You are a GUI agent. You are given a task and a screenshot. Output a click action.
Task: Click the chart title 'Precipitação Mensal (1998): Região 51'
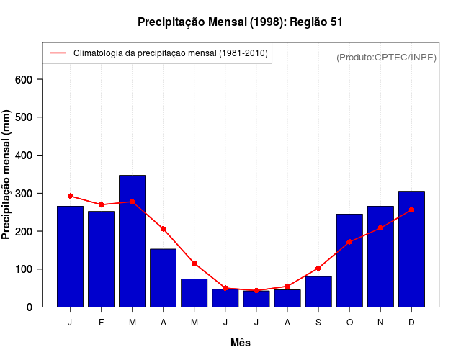(241, 22)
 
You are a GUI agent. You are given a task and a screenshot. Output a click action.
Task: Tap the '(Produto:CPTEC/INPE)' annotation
(386, 57)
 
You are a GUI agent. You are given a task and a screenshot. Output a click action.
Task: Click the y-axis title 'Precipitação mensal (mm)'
(6, 175)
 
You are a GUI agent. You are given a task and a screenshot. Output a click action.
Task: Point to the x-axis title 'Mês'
(241, 343)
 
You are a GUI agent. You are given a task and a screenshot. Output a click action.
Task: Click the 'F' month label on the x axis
(101, 323)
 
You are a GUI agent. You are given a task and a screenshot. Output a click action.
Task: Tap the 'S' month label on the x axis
(318, 323)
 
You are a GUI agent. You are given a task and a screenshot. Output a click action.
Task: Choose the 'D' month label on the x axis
(411, 323)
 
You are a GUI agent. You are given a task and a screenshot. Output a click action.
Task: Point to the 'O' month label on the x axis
(349, 323)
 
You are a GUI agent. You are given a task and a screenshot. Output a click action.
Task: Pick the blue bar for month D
(411, 249)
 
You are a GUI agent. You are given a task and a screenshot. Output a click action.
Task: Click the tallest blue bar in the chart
(132, 241)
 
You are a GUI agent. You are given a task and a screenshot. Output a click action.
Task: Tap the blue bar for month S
(318, 292)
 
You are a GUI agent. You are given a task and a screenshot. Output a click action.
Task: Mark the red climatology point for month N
(380, 228)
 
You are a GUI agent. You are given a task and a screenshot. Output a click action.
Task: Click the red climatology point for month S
(318, 268)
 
